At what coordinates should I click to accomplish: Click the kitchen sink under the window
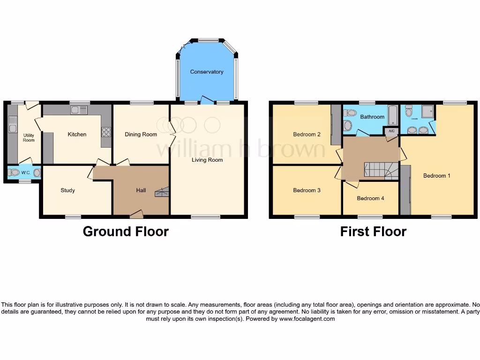click(79, 110)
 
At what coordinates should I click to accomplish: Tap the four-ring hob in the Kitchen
click(106, 132)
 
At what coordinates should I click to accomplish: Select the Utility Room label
click(29, 137)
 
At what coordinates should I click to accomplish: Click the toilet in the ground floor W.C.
click(15, 172)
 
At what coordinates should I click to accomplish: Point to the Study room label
click(67, 190)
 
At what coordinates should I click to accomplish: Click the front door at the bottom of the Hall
click(136, 215)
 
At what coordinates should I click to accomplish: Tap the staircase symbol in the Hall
click(162, 192)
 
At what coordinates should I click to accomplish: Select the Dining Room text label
click(141, 135)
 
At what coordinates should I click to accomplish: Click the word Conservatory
click(206, 72)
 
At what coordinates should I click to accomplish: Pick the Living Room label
click(207, 160)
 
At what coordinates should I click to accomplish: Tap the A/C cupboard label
click(391, 132)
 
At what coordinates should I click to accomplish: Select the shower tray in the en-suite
click(427, 111)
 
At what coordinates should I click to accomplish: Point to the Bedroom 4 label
click(370, 198)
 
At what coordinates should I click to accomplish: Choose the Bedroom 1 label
click(436, 176)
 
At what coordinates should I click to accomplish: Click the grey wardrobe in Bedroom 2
click(335, 124)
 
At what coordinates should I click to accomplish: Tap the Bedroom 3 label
click(307, 190)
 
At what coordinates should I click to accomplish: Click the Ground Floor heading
click(126, 231)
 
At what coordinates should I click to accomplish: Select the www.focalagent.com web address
click(307, 319)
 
